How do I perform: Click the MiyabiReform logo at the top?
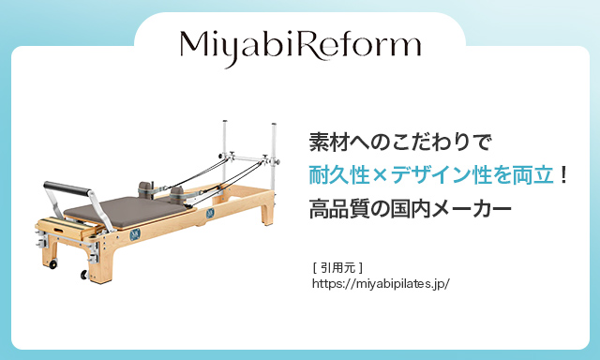300,44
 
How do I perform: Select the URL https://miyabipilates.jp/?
381,281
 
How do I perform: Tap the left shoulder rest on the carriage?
146,186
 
